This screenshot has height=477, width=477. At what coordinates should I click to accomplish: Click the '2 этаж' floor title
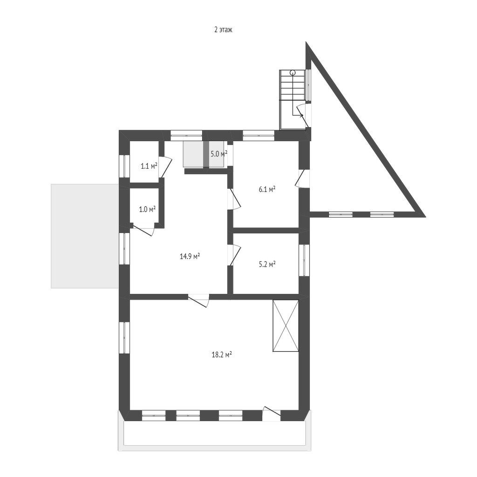[223, 30]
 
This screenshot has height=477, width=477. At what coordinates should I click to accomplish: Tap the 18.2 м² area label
[222, 354]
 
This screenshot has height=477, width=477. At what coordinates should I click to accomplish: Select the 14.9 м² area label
[190, 256]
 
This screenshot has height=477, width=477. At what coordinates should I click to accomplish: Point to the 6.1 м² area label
[267, 190]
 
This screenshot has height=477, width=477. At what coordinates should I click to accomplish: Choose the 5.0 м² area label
[219, 154]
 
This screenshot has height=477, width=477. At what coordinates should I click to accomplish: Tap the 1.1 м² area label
[149, 166]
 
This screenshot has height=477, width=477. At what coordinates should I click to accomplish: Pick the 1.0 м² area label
[147, 209]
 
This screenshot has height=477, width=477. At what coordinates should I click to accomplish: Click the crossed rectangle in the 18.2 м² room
[286, 326]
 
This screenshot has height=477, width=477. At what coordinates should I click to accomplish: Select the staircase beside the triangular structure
[293, 100]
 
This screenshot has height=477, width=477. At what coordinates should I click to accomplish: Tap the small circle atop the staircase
[293, 72]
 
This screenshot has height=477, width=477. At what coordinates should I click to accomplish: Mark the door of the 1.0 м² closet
[144, 230]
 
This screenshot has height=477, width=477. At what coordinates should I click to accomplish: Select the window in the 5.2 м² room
[304, 260]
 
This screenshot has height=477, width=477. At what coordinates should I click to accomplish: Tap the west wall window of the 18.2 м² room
[124, 338]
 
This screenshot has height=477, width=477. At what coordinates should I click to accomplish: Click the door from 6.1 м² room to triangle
[302, 179]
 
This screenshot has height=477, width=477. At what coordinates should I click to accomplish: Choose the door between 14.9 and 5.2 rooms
[234, 255]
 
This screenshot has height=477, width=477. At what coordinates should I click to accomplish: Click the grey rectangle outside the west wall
[85, 236]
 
